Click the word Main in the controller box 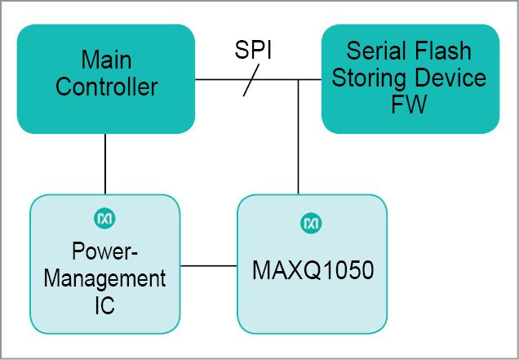point(106,60)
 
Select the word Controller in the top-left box point(106,87)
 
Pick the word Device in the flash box point(450,78)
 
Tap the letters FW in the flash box point(410,104)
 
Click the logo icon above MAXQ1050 point(312,222)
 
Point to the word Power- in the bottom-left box point(104,251)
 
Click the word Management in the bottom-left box point(104,278)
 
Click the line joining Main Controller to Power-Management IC point(105,164)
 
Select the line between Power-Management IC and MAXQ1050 point(208,265)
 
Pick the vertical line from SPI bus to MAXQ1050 point(299,139)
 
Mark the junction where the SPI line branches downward point(299,80)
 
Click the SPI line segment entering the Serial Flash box point(311,80)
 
